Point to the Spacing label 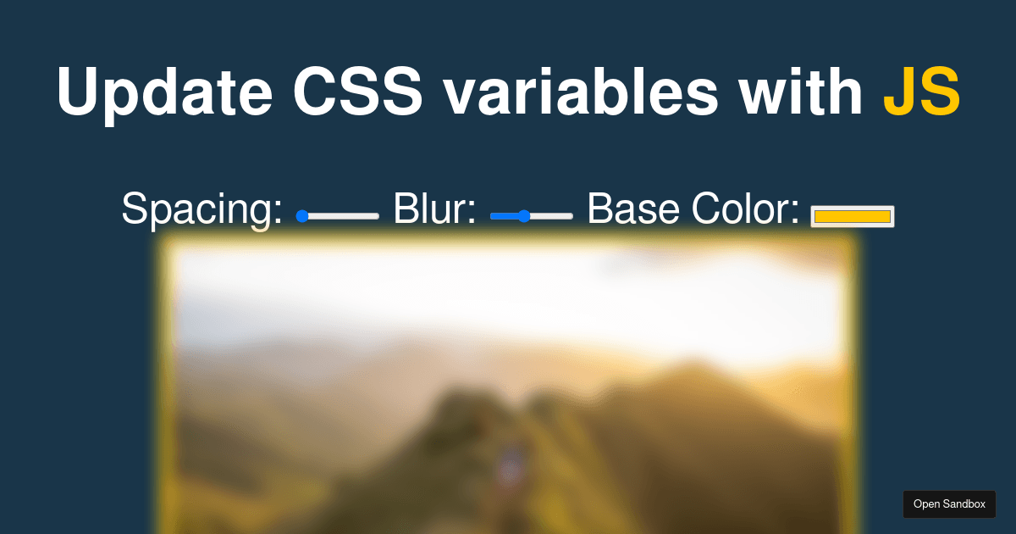click(x=202, y=209)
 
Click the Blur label click(x=434, y=209)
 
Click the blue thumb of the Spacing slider click(x=301, y=216)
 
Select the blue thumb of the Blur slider click(x=524, y=216)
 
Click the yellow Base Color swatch click(x=852, y=217)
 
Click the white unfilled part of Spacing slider click(x=343, y=216)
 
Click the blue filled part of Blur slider click(x=505, y=216)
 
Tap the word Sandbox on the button click(x=965, y=504)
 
